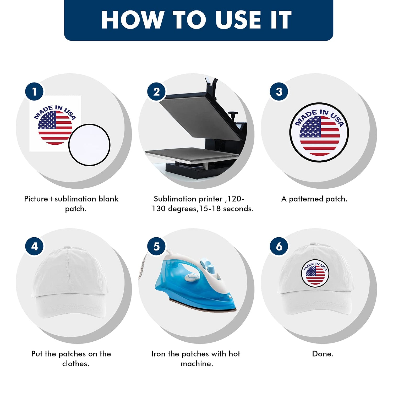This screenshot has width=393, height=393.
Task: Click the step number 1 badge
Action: (34, 92)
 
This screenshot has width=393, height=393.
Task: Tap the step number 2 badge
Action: (156, 92)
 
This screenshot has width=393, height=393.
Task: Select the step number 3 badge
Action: (279, 92)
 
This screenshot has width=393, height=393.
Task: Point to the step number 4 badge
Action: (34, 246)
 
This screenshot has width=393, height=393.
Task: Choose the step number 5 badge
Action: (156, 246)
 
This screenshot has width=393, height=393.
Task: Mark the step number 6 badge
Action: (279, 246)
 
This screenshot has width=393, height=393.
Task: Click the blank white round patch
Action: (89, 145)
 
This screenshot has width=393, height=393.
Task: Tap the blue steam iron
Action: (195, 282)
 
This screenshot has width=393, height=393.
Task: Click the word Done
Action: (323, 354)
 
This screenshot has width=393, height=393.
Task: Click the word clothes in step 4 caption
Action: (76, 364)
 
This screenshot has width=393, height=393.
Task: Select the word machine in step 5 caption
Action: (197, 364)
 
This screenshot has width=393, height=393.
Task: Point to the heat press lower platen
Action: (192, 155)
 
